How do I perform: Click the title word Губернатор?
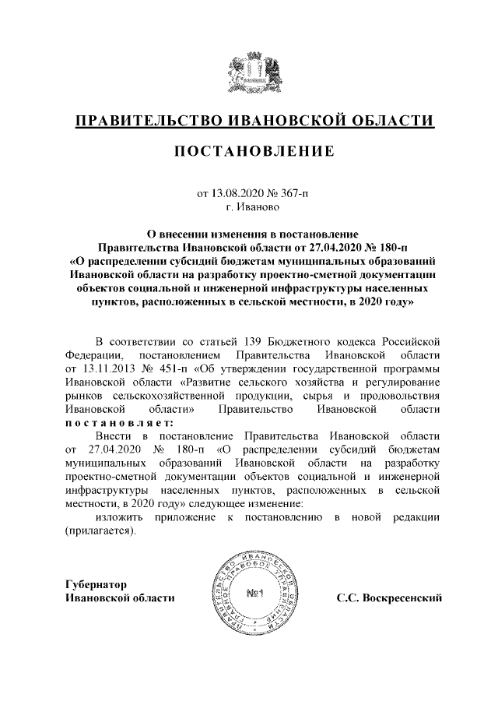pos(96,583)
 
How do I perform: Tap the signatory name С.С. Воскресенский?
pos(389,597)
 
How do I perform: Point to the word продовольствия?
pos(402,395)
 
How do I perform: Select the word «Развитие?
pos(207,382)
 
